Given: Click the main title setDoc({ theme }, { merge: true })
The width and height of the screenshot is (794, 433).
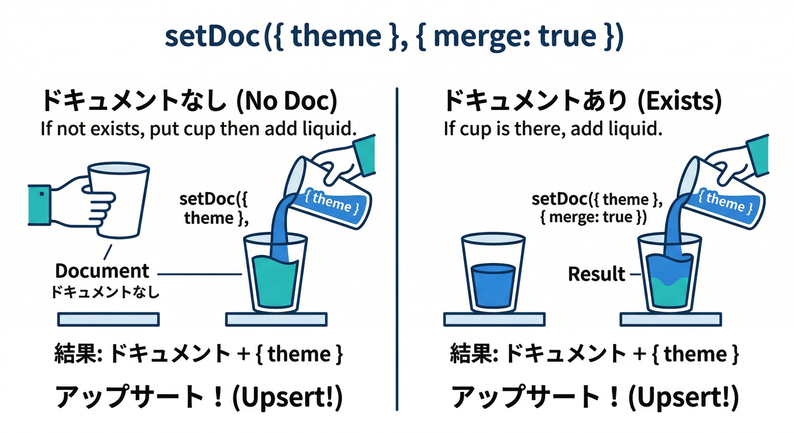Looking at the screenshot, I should [394, 37].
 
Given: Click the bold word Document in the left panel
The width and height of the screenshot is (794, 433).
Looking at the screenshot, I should [102, 271].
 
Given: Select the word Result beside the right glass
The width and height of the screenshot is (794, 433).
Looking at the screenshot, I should [597, 274].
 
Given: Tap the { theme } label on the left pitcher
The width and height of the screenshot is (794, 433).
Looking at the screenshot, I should [332, 202].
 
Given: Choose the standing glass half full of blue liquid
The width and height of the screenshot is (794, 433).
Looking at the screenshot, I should [493, 273].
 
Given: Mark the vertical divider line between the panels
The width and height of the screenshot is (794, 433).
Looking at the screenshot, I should [398, 248].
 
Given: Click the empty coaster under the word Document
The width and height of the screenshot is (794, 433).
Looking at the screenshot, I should [108, 319].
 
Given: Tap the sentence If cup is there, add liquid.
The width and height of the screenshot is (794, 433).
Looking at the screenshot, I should [552, 129].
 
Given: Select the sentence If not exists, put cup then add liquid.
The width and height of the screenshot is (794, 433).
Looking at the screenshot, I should [198, 129].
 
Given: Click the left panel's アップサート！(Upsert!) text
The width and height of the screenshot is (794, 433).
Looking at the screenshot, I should [198, 398].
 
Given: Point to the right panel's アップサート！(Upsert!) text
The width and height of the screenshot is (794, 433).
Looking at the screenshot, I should [595, 398].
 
